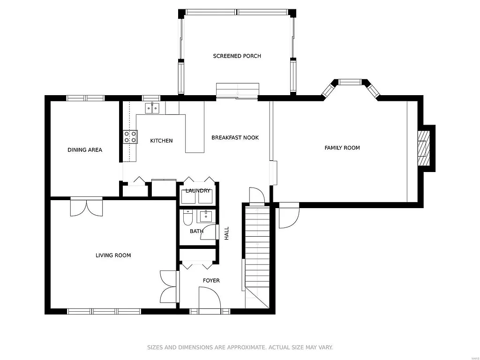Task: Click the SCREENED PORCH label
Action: pyautogui.click(x=237, y=56)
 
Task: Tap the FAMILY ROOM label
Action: pyautogui.click(x=342, y=148)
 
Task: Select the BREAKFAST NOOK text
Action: pyautogui.click(x=235, y=138)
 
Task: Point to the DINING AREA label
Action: pyautogui.click(x=85, y=150)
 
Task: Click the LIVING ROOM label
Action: pyautogui.click(x=113, y=255)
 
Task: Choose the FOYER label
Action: pyautogui.click(x=211, y=281)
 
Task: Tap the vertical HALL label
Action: pyautogui.click(x=227, y=233)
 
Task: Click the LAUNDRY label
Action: pyautogui.click(x=198, y=191)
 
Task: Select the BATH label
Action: pyautogui.click(x=196, y=232)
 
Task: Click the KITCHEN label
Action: pyautogui.click(x=161, y=141)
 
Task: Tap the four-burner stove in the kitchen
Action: pyautogui.click(x=130, y=136)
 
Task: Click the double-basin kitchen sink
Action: pyautogui.click(x=152, y=109)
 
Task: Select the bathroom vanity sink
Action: pyautogui.click(x=205, y=217)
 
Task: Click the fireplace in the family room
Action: pyautogui.click(x=424, y=148)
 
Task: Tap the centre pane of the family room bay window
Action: pyautogui.click(x=350, y=82)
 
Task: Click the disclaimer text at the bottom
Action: pyautogui.click(x=240, y=347)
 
